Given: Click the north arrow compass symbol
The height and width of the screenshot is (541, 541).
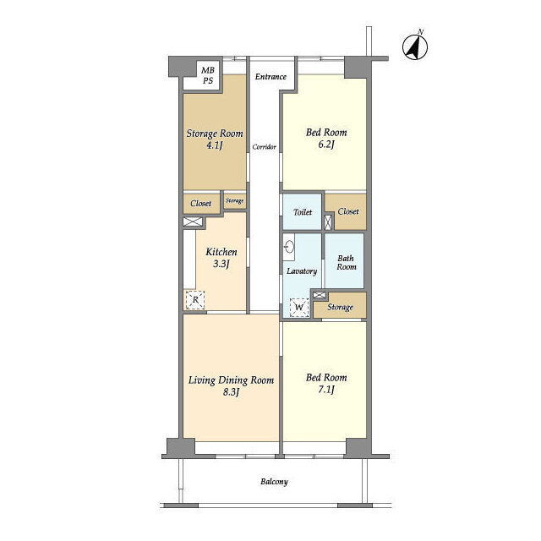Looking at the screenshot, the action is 415,46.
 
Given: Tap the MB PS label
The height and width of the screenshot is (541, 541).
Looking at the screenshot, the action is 208,75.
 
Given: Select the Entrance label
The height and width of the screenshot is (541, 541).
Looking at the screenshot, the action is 270,77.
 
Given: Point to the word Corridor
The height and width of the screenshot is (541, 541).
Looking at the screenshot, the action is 265,147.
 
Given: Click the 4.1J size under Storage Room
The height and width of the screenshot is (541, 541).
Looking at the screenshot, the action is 214,145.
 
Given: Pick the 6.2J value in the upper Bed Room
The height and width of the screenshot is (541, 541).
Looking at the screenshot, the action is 326,145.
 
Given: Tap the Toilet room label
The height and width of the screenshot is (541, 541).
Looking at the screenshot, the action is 303,212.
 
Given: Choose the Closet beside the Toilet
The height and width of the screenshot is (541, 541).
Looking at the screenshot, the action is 348,211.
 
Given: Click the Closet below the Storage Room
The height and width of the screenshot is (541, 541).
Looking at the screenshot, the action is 201,203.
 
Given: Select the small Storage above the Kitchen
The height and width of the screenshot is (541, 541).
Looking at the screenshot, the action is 235,200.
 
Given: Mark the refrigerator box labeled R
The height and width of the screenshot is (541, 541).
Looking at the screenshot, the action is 195,300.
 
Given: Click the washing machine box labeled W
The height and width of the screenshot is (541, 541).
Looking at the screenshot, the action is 299,307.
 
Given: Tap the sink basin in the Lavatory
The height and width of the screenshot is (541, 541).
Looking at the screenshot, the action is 289,247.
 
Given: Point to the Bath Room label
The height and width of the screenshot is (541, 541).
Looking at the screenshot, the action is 346,263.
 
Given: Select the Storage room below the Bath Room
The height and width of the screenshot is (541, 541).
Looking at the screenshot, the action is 340,307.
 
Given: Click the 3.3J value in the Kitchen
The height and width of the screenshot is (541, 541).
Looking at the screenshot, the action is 221,265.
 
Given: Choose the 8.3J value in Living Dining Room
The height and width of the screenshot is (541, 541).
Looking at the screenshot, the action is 231,392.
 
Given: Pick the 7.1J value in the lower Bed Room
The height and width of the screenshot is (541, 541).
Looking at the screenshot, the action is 326,390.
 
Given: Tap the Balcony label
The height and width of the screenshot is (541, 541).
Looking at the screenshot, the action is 274,482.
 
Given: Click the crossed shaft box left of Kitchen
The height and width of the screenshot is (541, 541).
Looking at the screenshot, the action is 192,221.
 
